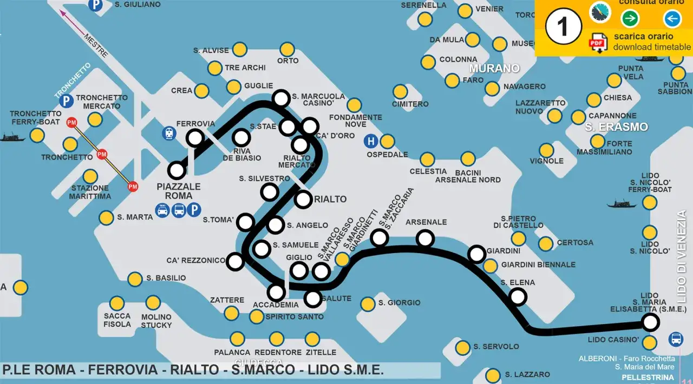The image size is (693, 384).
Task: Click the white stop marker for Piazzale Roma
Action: [x=176, y=170]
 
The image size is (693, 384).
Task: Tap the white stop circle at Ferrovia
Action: [x=195, y=138]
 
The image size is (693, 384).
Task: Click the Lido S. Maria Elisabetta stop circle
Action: [x=650, y=323]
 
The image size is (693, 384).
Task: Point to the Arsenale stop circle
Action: [x=426, y=238]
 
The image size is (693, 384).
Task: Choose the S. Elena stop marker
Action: [x=518, y=296]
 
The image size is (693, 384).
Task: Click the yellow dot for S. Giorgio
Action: [x=368, y=304]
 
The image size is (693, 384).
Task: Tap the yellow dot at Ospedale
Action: [x=387, y=142]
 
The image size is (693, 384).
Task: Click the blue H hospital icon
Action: [x=371, y=141]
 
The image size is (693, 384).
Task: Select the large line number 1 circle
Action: [x=563, y=27]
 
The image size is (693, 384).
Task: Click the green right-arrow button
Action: [x=630, y=19]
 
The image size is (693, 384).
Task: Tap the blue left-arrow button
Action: [x=672, y=19]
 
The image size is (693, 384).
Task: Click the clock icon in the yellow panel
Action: [x=600, y=12]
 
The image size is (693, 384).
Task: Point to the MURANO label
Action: [x=494, y=69]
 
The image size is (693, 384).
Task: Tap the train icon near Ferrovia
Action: [x=169, y=133]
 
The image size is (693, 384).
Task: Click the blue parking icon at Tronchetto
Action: [x=66, y=101]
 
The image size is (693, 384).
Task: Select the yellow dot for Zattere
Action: [x=231, y=313]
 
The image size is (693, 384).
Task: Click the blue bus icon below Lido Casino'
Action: [x=676, y=339]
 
